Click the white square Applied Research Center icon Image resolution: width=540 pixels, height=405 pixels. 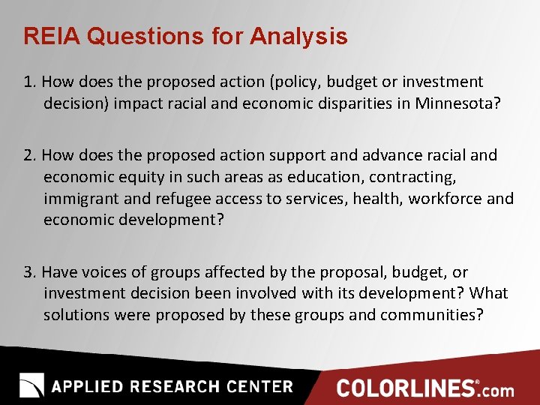(31, 385)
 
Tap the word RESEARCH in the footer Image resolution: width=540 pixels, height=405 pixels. (172, 387)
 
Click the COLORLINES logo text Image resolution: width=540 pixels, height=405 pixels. (406, 388)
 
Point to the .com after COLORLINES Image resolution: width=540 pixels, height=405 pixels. (497, 390)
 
